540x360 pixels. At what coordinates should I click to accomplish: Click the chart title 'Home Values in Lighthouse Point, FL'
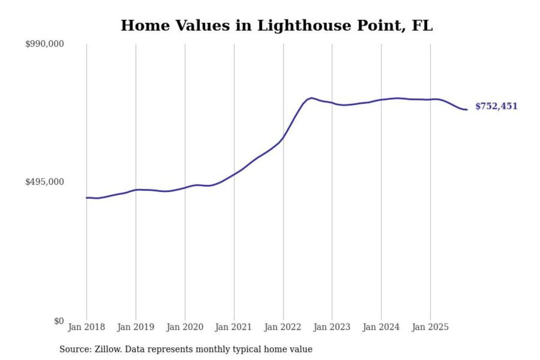(x=276, y=25)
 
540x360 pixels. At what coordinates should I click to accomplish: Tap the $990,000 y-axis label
(x=44, y=44)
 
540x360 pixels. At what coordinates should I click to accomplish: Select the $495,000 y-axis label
(x=44, y=182)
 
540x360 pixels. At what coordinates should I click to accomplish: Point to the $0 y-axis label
(x=58, y=321)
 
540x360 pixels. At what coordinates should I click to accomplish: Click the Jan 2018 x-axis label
(x=86, y=327)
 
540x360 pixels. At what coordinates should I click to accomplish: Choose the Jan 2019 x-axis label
(x=135, y=327)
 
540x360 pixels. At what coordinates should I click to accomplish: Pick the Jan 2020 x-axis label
(x=184, y=327)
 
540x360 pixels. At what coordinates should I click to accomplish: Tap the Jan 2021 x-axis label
(x=233, y=327)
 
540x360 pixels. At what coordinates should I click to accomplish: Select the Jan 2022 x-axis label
(x=282, y=327)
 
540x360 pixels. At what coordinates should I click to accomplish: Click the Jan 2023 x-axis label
(x=331, y=327)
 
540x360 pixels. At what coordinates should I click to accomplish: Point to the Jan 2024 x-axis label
(x=381, y=327)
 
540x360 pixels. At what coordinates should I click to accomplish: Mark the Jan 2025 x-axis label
(x=430, y=327)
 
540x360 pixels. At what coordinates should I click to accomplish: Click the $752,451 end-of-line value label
(x=496, y=106)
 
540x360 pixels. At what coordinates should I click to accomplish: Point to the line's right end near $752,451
(x=466, y=109)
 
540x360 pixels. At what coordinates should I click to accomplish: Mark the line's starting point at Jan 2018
(x=87, y=198)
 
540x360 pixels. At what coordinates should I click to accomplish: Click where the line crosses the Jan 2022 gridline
(x=283, y=136)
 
